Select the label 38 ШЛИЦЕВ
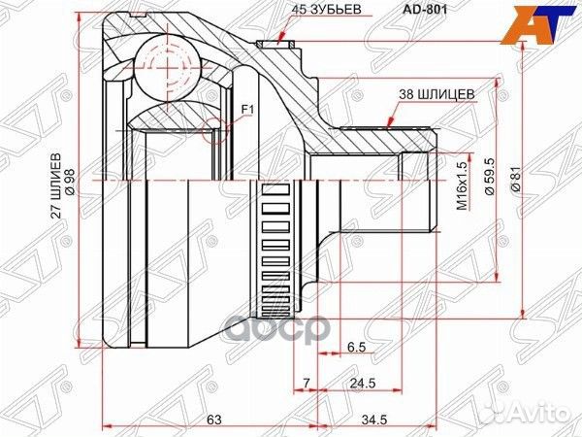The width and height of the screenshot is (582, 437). [x=436, y=93]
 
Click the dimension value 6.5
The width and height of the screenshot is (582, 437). [x=355, y=345]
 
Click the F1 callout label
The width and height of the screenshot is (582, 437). [x=245, y=111]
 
